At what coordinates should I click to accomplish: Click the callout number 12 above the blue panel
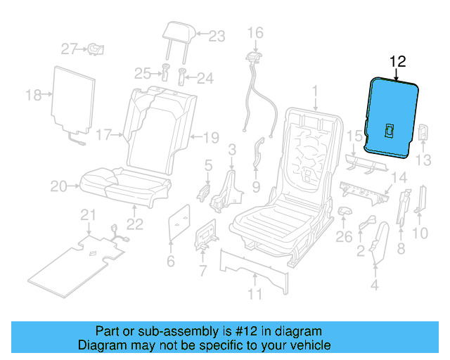coord(398,61)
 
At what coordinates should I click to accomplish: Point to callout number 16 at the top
coord(255,32)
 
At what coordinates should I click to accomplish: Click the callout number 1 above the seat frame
coord(316,90)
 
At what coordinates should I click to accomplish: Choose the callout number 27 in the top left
coord(68,49)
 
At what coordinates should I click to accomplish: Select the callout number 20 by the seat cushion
coord(59,186)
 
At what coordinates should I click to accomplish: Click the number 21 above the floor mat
coord(87,214)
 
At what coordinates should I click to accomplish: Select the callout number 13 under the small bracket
coord(423,161)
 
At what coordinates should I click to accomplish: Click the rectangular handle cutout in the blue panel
coord(389,129)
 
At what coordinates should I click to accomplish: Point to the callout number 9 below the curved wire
coord(256,187)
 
